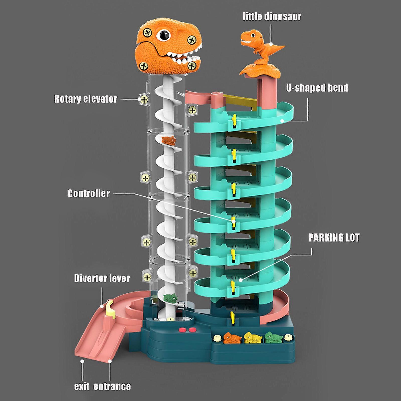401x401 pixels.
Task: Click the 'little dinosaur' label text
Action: pyautogui.click(x=272, y=17)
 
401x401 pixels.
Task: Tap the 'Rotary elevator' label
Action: pyautogui.click(x=86, y=99)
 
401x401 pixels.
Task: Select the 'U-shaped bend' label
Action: pyautogui.click(x=317, y=88)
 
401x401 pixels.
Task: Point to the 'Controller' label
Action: pyautogui.click(x=89, y=193)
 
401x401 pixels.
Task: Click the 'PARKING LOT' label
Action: pyautogui.click(x=334, y=238)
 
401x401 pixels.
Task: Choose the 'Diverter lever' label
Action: pyautogui.click(x=102, y=278)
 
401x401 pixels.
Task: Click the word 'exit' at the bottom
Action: pyautogui.click(x=82, y=386)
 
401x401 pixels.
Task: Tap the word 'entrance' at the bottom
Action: pyautogui.click(x=112, y=386)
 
